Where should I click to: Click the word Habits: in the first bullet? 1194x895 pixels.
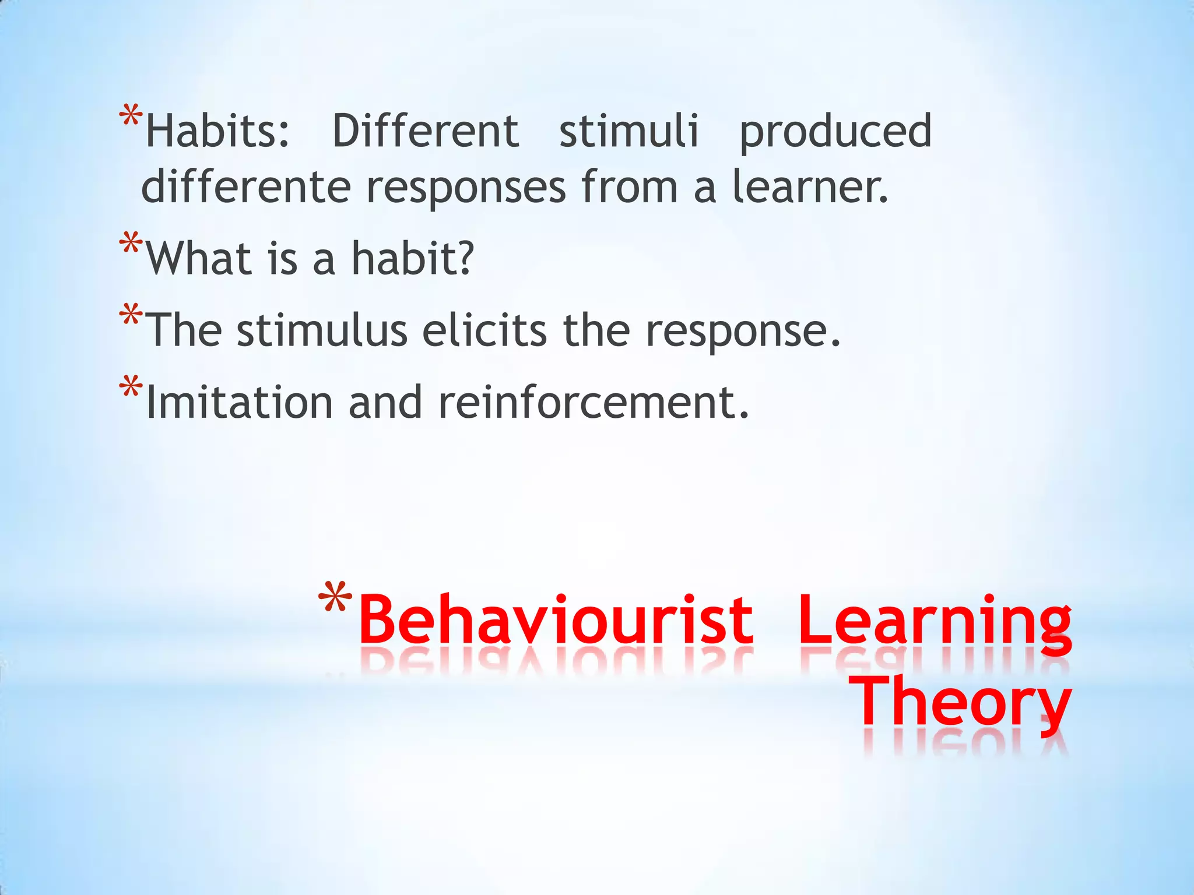tap(217, 131)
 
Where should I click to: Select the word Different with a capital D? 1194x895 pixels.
tap(425, 131)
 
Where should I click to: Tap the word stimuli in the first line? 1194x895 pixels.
tap(628, 131)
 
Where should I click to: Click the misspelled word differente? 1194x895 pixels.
tap(245, 187)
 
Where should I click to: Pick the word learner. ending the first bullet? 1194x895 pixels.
tap(810, 187)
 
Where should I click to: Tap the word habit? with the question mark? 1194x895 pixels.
tap(413, 259)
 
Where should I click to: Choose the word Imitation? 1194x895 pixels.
tap(239, 403)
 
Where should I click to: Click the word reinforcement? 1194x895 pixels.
tap(594, 403)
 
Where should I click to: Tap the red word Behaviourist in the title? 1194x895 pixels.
tap(556, 620)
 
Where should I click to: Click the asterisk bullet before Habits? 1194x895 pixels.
tap(130, 116)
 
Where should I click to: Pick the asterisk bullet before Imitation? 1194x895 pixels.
tap(130, 387)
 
